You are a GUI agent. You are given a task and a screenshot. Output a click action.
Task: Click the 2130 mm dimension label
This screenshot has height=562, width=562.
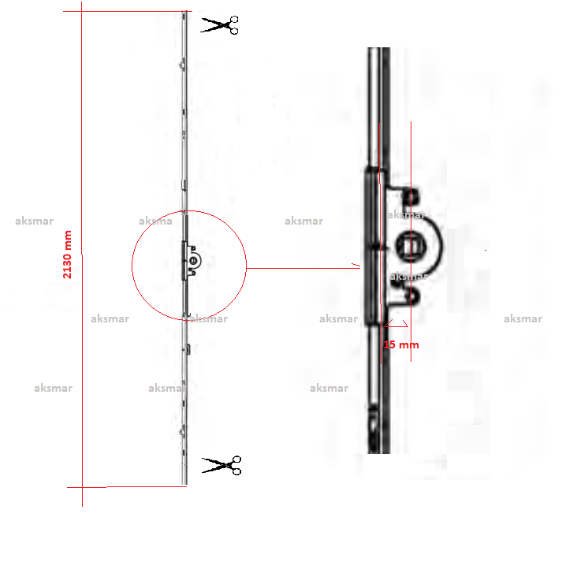[x=67, y=255]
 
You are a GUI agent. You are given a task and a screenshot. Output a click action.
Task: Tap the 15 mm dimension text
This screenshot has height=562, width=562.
[x=401, y=344]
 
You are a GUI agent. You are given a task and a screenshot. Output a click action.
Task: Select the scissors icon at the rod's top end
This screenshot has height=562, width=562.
[x=219, y=25]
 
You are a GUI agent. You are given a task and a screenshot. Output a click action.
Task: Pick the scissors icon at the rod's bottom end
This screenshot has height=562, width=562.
[x=221, y=465]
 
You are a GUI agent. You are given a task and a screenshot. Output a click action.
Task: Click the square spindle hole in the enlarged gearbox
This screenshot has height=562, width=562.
[x=411, y=246]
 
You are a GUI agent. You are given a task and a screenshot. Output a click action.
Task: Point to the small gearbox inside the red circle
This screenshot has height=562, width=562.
[x=191, y=261]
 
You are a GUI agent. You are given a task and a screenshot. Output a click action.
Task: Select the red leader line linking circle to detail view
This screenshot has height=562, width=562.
[x=303, y=268]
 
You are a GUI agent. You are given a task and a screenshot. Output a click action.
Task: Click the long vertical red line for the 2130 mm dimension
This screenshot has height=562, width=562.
[x=82, y=255]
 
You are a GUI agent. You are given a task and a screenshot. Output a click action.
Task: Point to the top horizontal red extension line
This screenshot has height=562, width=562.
[x=128, y=12]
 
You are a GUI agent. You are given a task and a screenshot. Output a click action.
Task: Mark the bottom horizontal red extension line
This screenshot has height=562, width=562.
[x=127, y=487]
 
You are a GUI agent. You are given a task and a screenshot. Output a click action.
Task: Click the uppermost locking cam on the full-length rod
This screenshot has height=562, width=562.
[x=183, y=65]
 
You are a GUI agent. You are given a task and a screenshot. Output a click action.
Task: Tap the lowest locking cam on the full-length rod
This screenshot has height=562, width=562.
[x=183, y=433]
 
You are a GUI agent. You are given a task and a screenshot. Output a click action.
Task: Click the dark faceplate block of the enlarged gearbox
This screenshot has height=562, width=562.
[x=372, y=246]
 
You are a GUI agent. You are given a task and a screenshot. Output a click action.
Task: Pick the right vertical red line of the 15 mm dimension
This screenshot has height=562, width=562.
[x=411, y=241]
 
